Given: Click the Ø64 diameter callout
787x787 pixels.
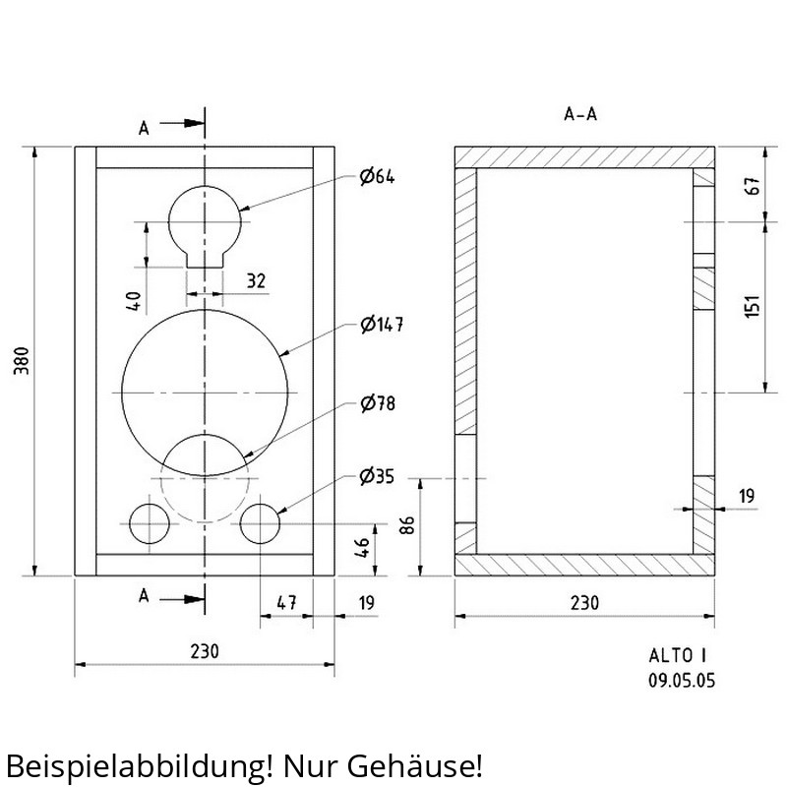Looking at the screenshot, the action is [x=377, y=176].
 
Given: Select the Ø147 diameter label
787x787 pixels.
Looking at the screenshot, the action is [x=382, y=325].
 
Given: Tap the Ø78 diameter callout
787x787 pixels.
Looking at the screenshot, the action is [x=378, y=403].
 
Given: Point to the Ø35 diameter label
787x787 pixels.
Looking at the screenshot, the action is [x=377, y=476].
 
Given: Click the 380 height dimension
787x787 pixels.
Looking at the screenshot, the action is [x=21, y=360].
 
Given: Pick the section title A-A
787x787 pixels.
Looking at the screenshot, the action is [x=580, y=114].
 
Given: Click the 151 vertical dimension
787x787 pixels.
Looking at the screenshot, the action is [x=753, y=307].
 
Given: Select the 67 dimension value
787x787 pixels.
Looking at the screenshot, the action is [x=754, y=186].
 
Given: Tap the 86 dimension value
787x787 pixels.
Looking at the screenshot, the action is [x=407, y=525].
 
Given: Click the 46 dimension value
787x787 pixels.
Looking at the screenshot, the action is [x=362, y=548].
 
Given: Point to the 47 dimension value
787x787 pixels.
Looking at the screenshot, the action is [x=286, y=603].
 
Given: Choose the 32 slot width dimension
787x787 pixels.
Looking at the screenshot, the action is [x=256, y=280].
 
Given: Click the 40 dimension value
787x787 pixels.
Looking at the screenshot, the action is [x=134, y=301].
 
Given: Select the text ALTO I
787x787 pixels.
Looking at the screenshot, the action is [x=678, y=655].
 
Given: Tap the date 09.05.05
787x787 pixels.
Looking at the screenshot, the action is [x=682, y=681].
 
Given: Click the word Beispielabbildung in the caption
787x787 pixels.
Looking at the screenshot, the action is [x=135, y=766].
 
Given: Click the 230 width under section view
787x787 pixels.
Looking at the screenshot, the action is [x=584, y=603].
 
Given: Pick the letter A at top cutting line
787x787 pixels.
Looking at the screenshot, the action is [x=144, y=129].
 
